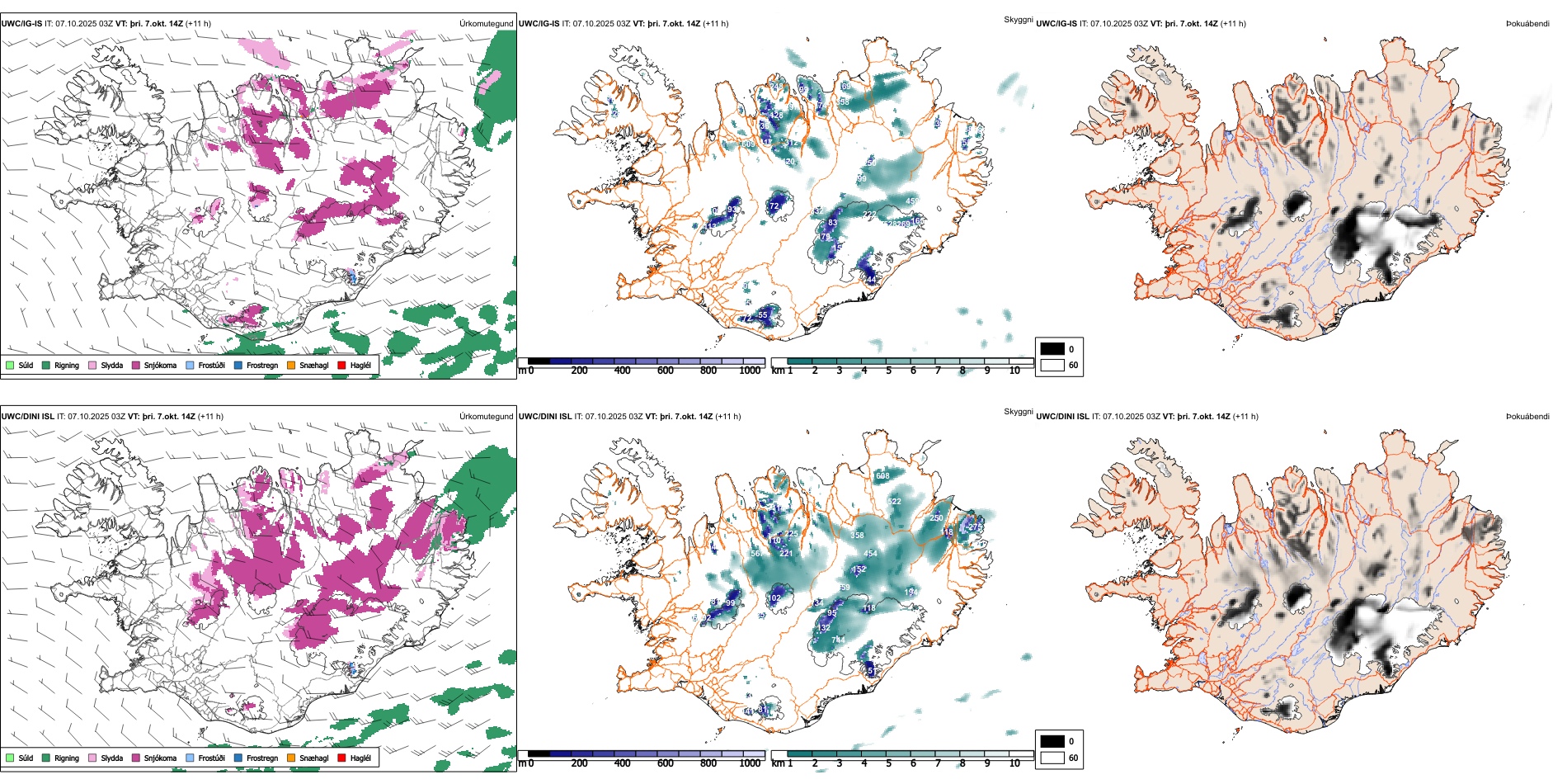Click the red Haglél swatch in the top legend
pos(341,365)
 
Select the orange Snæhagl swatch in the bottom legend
pos(291,758)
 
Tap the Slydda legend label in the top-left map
pos(112,365)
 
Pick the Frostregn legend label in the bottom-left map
pos(262,758)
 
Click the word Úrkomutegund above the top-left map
pos(486,24)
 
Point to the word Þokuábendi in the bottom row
pos(1527,417)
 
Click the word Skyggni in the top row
pos(1018,19)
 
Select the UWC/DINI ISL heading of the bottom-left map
pos(27,417)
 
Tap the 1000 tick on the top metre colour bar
pos(750,371)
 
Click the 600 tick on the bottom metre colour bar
pos(665,763)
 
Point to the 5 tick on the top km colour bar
pos(888,371)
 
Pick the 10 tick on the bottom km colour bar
pos(1014,763)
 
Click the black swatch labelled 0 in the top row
pos(1052,349)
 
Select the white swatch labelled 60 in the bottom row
pos(1052,757)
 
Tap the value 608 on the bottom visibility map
pos(882,476)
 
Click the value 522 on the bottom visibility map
pos(894,502)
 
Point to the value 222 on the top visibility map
pos(869,215)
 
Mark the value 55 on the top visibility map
pos(762,315)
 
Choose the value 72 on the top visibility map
pos(774,206)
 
